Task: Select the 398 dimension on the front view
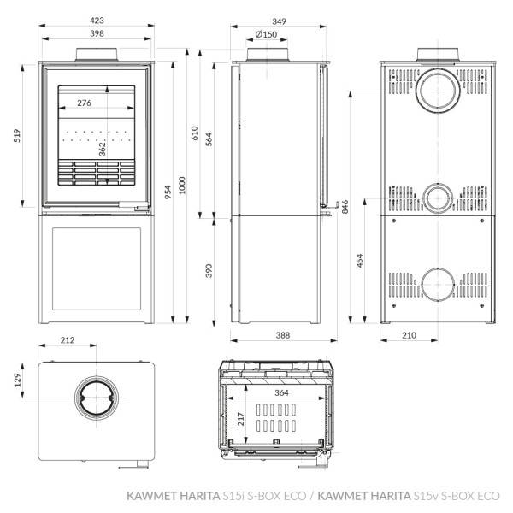coord(96,33)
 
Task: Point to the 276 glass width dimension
coord(85,103)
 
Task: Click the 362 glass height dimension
coord(103,146)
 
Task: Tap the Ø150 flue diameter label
coord(266,34)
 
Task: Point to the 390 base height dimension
coord(208,271)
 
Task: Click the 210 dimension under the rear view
coord(408,335)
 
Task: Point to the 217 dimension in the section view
coord(243,418)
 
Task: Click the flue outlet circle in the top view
coord(97,401)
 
